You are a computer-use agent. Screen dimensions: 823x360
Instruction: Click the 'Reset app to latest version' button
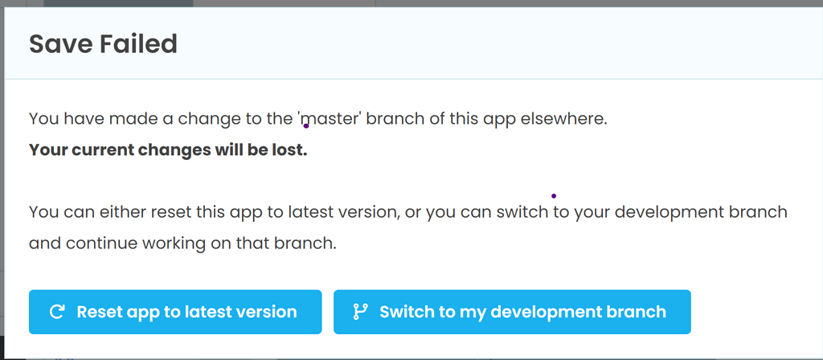174,312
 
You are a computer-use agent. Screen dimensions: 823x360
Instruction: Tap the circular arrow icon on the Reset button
57,312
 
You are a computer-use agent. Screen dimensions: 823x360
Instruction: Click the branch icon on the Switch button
361,312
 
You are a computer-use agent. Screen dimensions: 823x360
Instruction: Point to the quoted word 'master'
329,119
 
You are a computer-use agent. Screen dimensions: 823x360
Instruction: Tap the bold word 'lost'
293,150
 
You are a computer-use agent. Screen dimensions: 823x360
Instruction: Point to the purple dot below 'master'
306,126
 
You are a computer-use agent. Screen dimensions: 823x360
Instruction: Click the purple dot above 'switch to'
554,196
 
